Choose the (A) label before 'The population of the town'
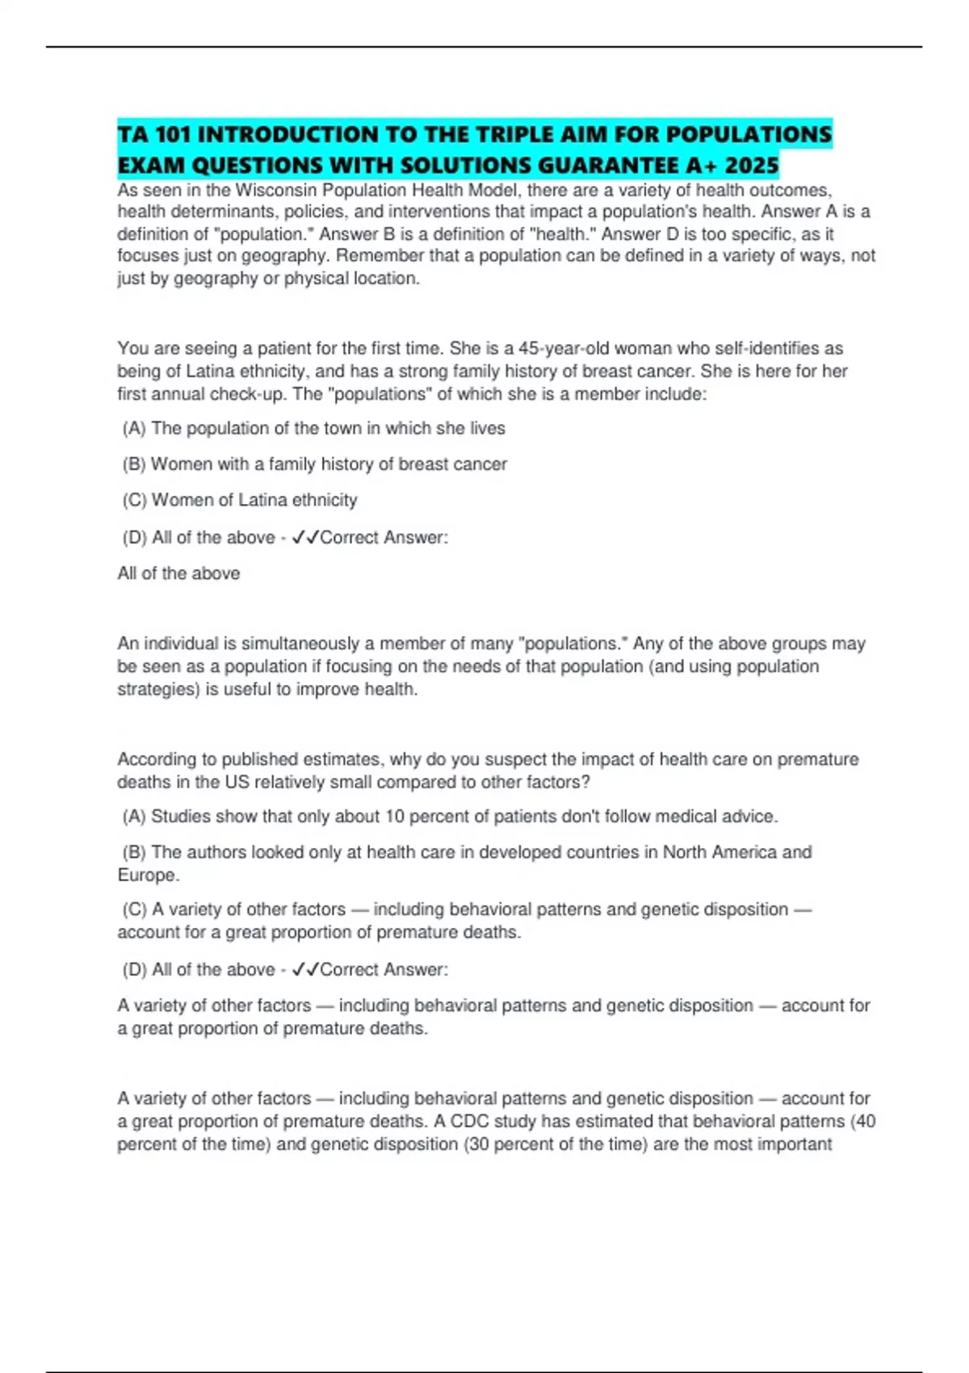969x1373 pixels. (134, 429)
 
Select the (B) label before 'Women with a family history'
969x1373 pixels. (134, 464)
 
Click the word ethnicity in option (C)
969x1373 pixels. (324, 501)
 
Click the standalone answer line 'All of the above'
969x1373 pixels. (178, 573)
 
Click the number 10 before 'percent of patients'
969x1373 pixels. (394, 817)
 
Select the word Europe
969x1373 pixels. (148, 875)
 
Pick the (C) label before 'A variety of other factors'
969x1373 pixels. (134, 909)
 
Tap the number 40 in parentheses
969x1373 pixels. (865, 1122)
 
